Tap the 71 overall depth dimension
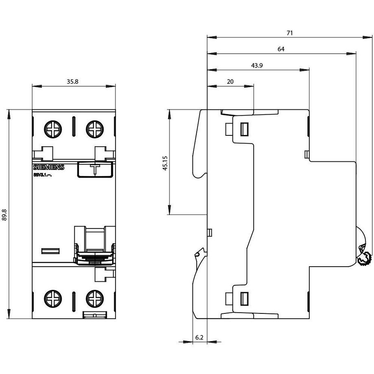[x=289, y=33]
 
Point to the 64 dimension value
[x=281, y=49]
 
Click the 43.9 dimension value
[x=256, y=65]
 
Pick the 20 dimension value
[x=230, y=81]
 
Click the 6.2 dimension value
[x=199, y=337]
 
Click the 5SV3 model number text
[x=42, y=175]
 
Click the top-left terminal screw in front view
[x=53, y=130]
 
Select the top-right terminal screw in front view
[x=95, y=130]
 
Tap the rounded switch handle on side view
[x=363, y=248]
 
